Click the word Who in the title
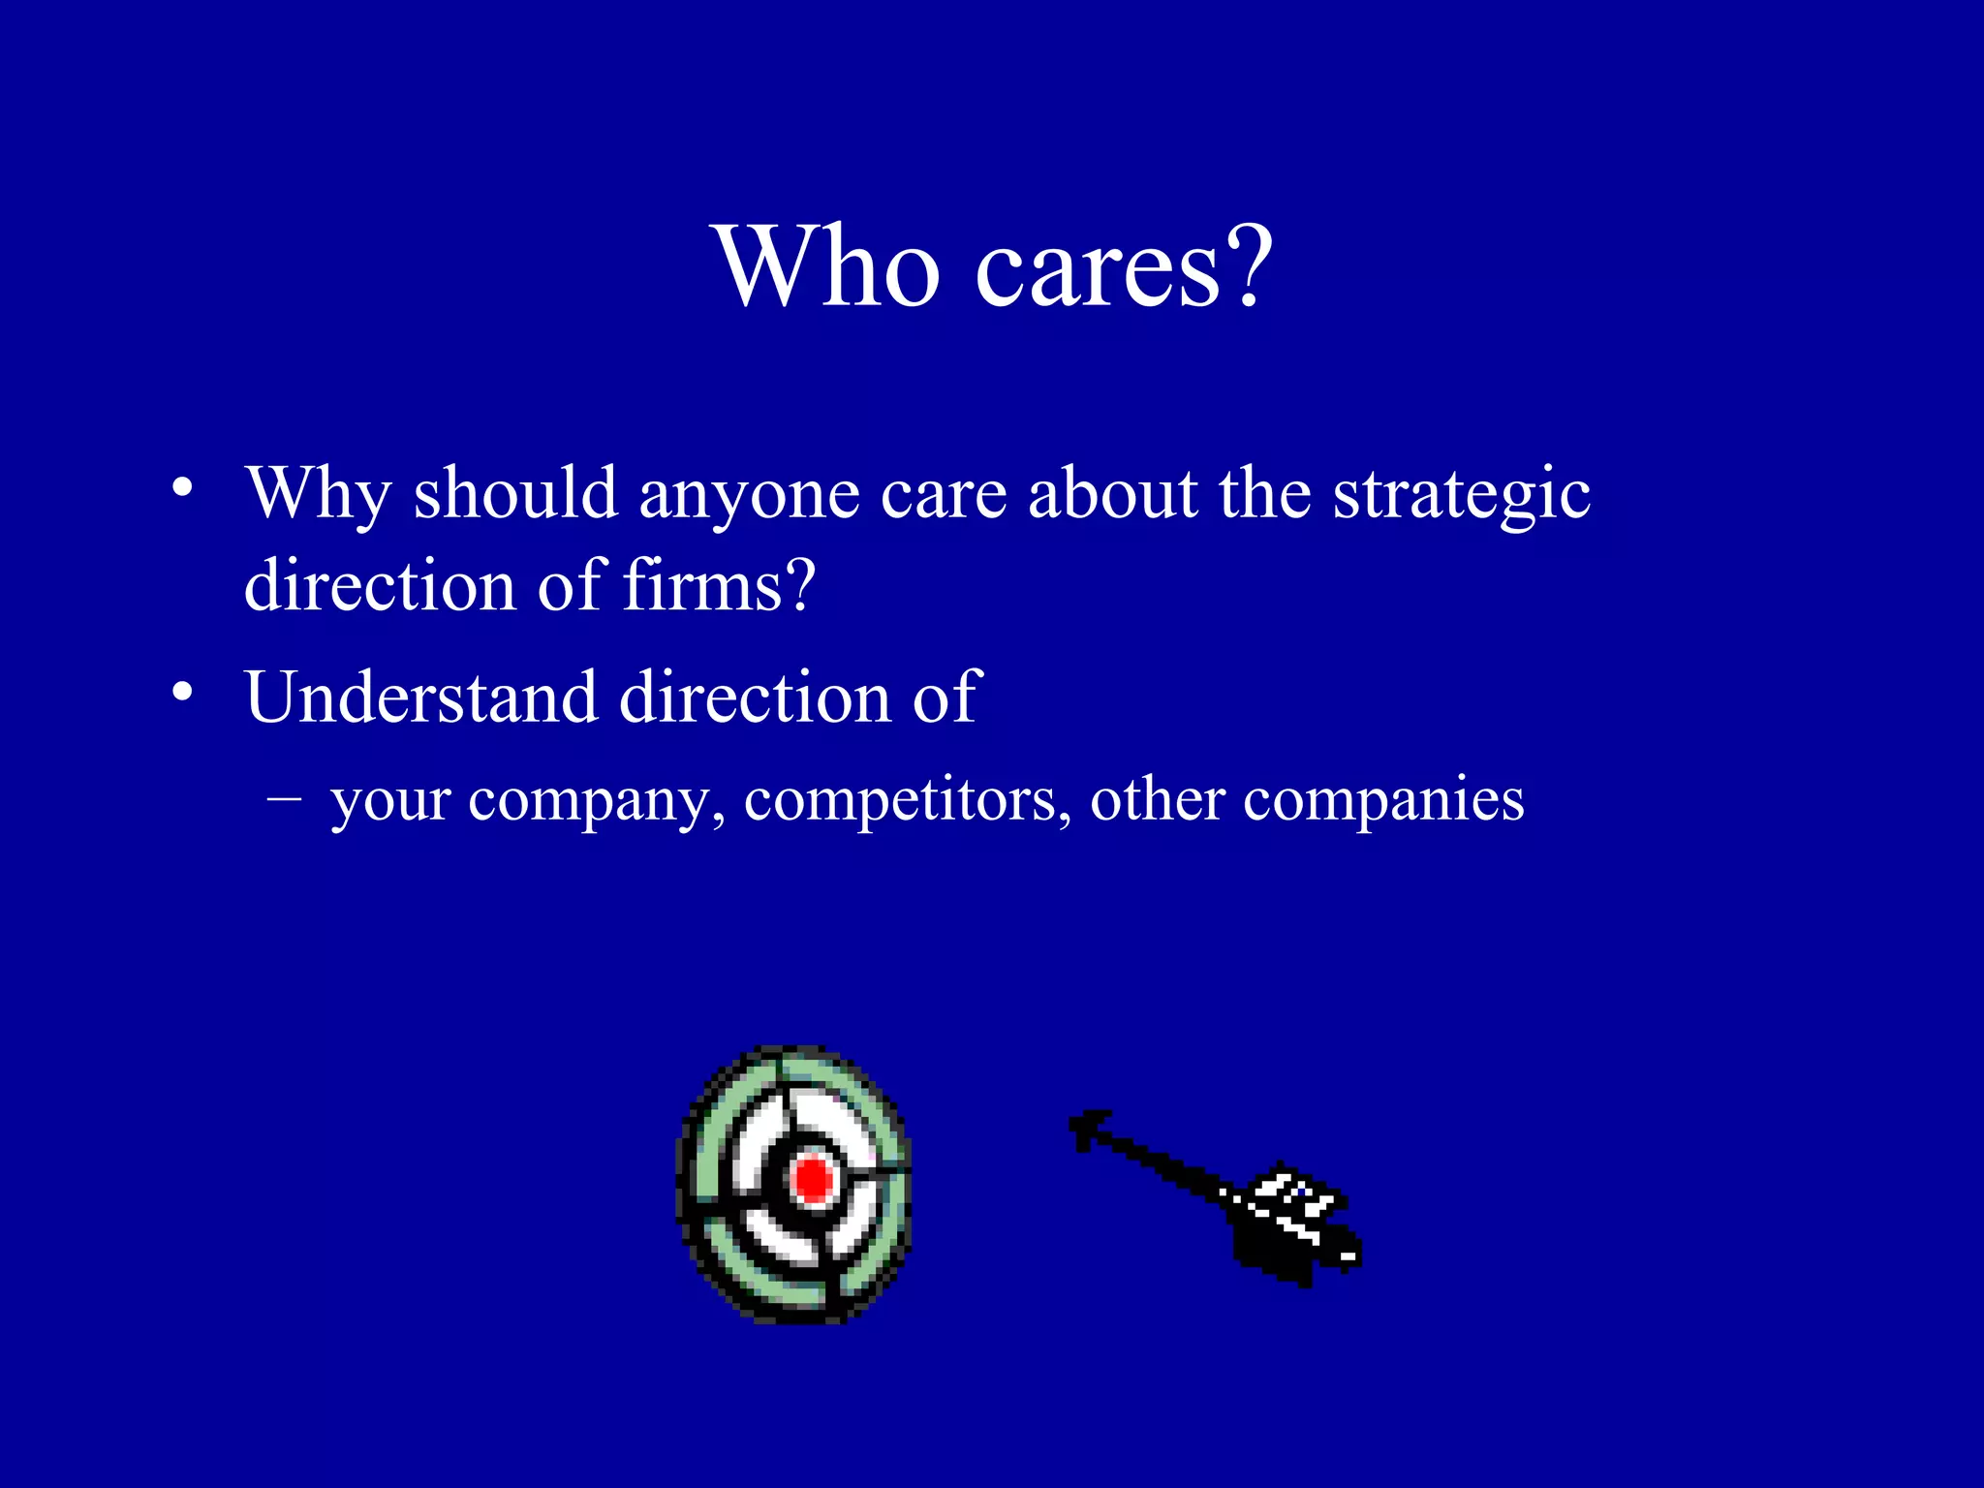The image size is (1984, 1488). pos(827,266)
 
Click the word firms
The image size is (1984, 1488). pos(699,587)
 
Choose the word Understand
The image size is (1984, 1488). pos(420,697)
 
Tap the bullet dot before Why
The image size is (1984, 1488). pos(181,488)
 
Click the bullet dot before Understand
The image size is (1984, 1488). pos(181,692)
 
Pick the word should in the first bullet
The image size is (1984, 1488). pos(515,494)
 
